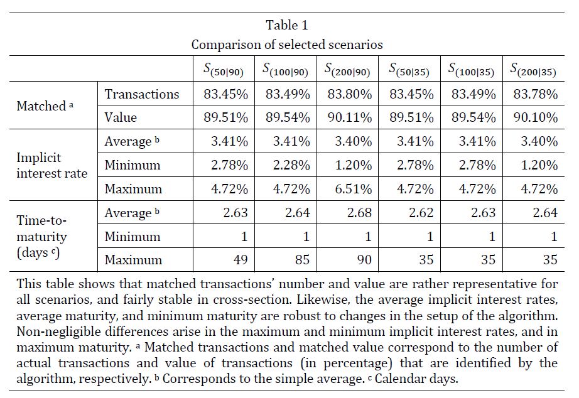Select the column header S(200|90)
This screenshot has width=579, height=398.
coord(347,70)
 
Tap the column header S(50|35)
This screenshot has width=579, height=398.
coord(409,70)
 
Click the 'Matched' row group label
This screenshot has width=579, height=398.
coord(45,106)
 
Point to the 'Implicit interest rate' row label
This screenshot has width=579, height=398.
coord(52,165)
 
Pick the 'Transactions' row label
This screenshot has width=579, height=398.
coord(142,94)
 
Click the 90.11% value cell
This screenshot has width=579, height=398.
coord(349,117)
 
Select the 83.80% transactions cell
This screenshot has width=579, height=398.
coord(349,94)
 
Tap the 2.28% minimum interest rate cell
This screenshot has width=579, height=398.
coord(291,165)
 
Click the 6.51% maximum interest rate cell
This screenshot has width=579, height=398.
coord(354,189)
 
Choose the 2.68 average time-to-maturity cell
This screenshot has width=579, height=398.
coord(359,213)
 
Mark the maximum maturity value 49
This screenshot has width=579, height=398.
coord(241,259)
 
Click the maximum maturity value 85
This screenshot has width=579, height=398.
coord(303,259)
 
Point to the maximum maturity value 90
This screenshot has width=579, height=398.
coord(364,259)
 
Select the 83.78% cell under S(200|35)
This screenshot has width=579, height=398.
coord(536,94)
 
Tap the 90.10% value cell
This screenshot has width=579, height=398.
coord(536,117)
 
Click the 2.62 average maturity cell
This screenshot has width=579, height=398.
coord(421,213)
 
